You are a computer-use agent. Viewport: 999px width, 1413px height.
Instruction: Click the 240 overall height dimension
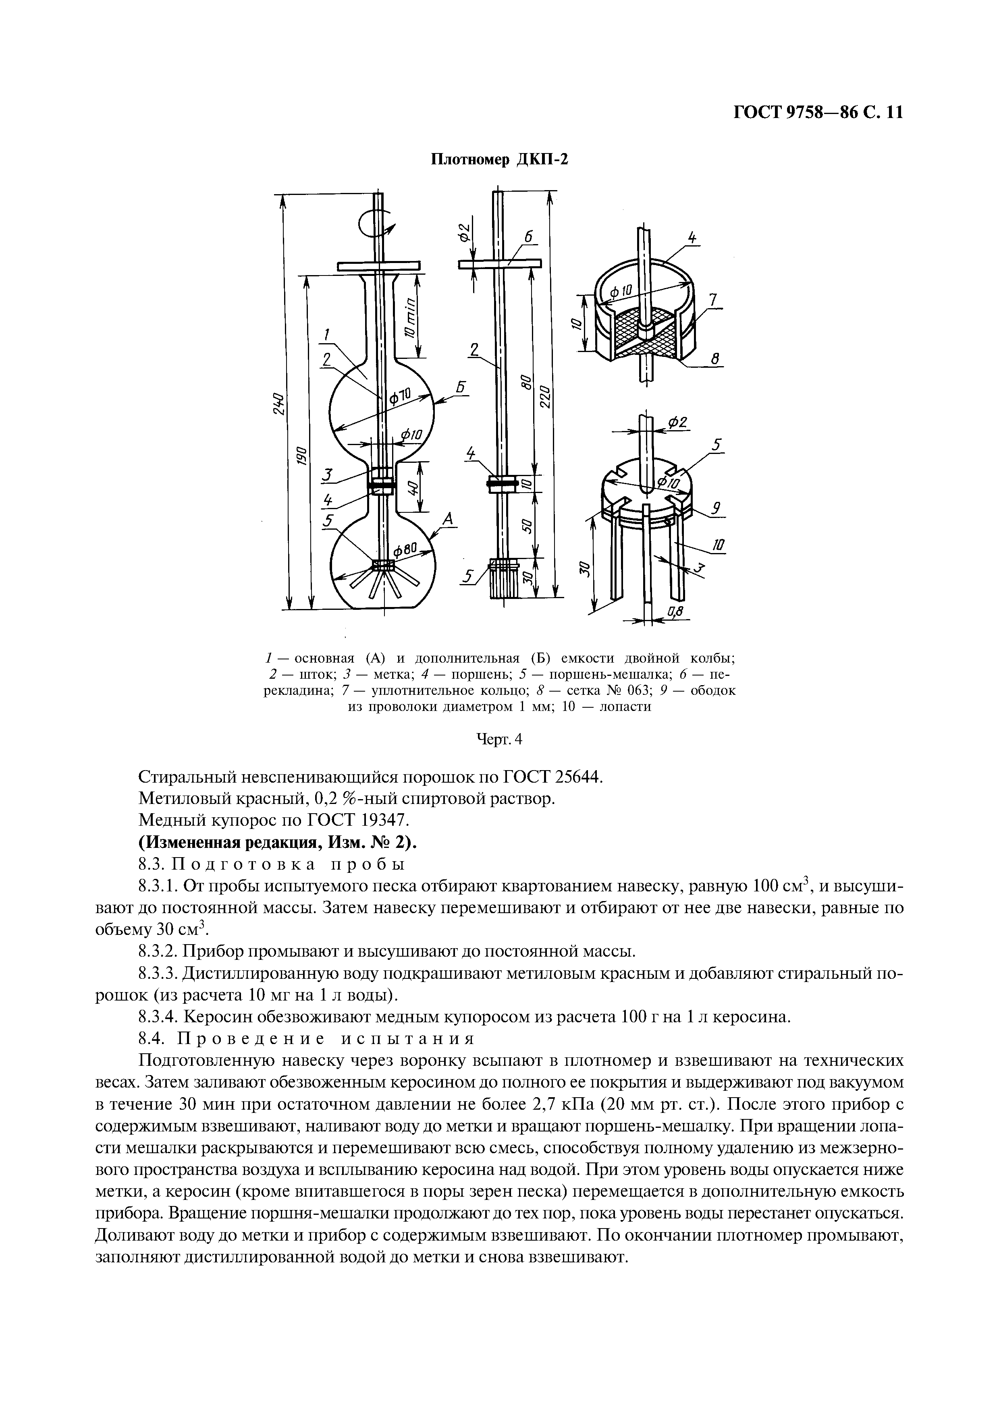pyautogui.click(x=278, y=403)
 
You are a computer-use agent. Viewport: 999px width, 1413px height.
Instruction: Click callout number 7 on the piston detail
pyautogui.click(x=713, y=300)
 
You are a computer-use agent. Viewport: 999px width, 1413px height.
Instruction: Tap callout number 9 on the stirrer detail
pyautogui.click(x=716, y=508)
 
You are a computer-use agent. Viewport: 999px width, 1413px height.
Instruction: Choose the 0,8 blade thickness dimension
pyautogui.click(x=675, y=611)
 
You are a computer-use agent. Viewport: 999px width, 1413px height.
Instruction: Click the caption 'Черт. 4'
pyautogui.click(x=500, y=740)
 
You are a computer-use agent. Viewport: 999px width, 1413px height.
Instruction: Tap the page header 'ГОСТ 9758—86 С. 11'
pyautogui.click(x=818, y=113)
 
